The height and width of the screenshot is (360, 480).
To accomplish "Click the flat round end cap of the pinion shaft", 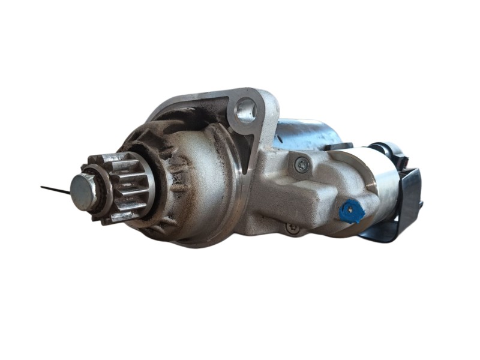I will (x=82, y=191).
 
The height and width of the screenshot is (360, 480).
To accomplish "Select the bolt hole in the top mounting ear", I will (x=245, y=110).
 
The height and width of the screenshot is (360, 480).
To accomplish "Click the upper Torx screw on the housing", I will (x=301, y=163).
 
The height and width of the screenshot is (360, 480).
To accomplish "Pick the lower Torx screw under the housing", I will (x=292, y=227).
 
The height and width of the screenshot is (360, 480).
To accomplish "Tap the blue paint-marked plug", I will (x=351, y=211).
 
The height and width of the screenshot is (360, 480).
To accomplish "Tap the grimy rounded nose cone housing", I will (x=198, y=180).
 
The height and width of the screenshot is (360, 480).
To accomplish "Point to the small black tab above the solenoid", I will (x=340, y=146).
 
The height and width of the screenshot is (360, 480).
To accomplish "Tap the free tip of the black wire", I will (x=42, y=187).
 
